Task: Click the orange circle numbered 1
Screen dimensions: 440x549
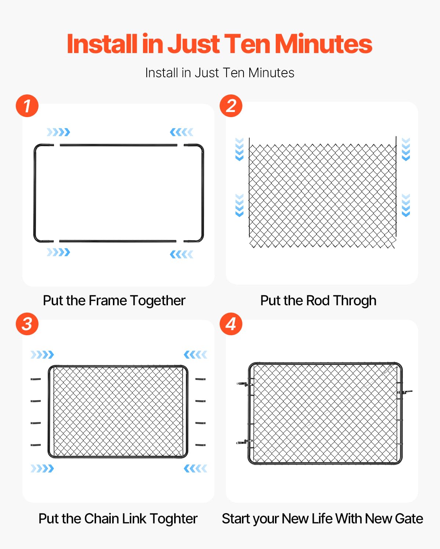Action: point(27,106)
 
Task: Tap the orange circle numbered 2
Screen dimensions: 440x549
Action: point(231,106)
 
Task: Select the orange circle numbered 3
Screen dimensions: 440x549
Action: point(27,324)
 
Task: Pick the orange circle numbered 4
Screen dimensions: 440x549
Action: point(231,324)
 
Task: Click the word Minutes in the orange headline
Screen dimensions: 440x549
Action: point(323,44)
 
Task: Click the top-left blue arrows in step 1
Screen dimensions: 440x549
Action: point(58,132)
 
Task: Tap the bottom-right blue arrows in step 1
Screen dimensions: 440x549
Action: point(181,254)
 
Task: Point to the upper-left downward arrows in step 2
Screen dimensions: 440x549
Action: point(239,149)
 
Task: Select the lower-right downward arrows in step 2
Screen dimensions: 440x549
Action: point(406,205)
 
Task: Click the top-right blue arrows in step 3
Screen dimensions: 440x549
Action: point(195,355)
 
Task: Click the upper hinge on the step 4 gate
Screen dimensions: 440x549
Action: point(245,384)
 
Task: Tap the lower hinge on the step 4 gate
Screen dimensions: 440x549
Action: point(245,442)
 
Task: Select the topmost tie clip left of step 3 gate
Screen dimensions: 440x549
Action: point(36,379)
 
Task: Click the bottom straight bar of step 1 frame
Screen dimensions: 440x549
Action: point(118,241)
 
